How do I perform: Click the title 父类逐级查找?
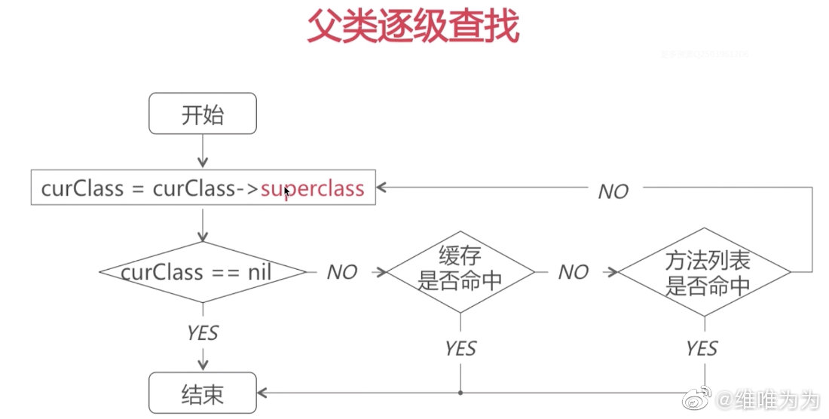(413, 28)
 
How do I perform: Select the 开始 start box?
(203, 115)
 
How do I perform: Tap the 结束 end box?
(203, 393)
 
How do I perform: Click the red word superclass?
(313, 188)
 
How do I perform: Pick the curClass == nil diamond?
(202, 272)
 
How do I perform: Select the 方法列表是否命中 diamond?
(705, 272)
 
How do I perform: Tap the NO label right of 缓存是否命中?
(573, 273)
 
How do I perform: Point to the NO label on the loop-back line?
(613, 192)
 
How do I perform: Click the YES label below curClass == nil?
(202, 332)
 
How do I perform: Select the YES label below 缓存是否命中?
(460, 348)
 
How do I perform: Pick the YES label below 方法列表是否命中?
(702, 348)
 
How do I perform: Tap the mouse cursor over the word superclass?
(286, 191)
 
